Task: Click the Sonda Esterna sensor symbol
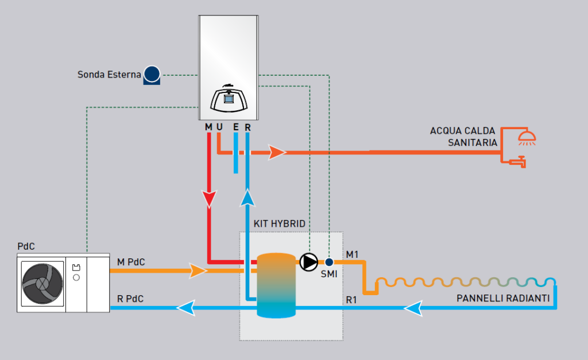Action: pos(152,75)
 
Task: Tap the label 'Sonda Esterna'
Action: pos(109,75)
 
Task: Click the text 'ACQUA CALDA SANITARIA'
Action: pos(463,137)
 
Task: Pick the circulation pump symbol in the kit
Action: pos(308,262)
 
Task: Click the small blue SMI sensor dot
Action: pos(329,262)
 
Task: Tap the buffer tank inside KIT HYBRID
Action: pos(276,285)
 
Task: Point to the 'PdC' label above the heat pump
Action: pos(26,246)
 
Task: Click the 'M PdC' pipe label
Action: pos(131,262)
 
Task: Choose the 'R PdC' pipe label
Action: pos(130,299)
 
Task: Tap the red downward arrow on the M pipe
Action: pos(209,199)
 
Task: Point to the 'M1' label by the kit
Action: pos(352,254)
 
